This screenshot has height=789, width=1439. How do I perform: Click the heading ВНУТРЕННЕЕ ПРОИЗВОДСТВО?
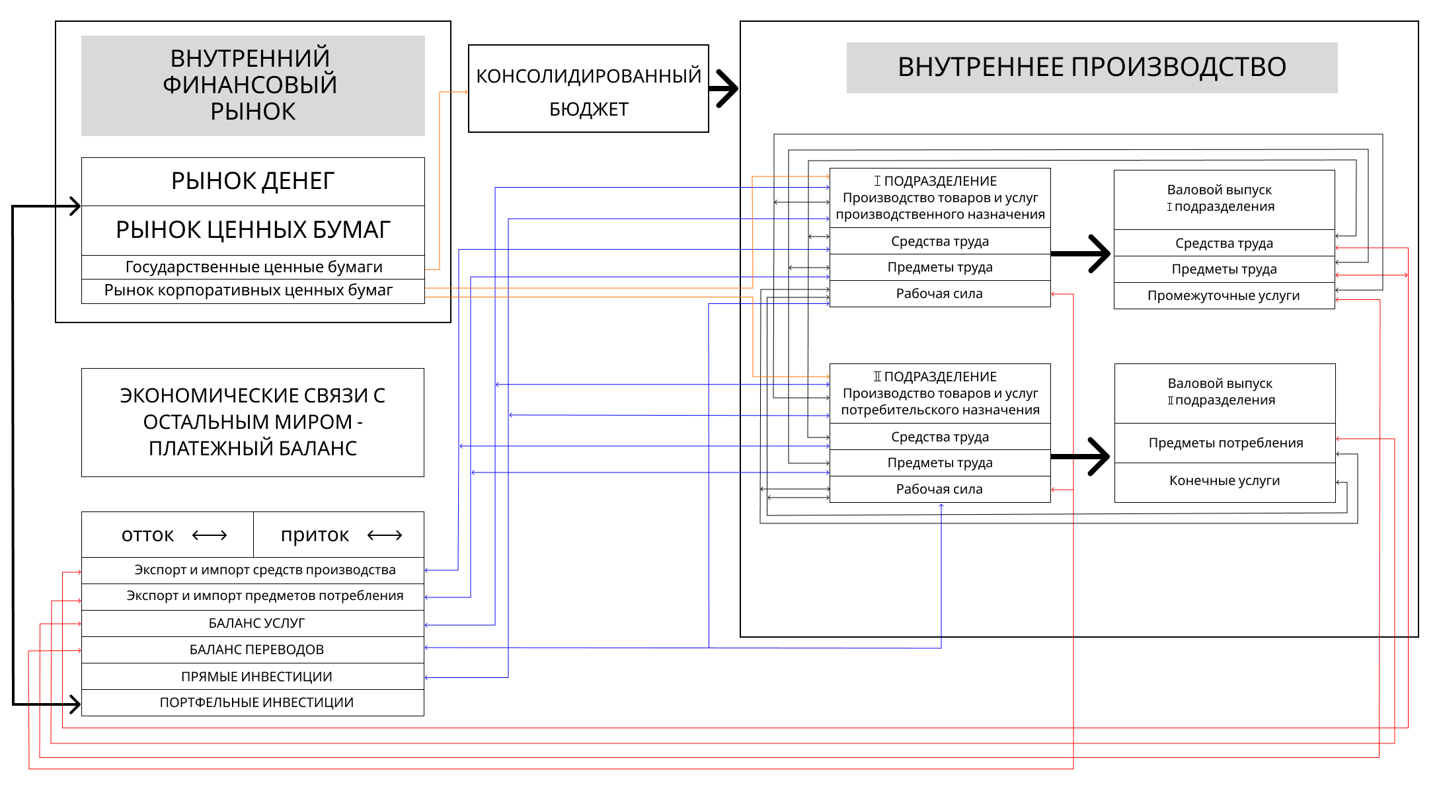pos(1091,67)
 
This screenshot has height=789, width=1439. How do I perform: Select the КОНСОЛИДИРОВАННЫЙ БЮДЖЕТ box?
pos(588,89)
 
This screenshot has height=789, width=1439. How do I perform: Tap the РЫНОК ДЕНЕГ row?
pos(253,181)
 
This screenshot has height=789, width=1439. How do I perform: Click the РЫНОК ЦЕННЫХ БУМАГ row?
pos(253,230)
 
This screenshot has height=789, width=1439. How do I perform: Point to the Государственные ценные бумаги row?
pos(253,267)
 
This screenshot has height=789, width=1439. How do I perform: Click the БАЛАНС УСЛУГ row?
pos(256,623)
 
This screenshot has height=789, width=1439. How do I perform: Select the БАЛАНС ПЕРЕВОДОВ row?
pos(256,650)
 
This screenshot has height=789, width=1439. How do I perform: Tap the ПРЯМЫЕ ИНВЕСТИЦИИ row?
pos(256,677)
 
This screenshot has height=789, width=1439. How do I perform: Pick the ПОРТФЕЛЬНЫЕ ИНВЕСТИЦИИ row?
pos(256,702)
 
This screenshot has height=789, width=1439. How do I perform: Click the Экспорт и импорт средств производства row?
pos(264,570)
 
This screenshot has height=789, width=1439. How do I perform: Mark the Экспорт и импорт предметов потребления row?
pos(264,596)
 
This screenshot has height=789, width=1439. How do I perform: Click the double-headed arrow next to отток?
pos(210,535)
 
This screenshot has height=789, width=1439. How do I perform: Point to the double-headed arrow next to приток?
pos(385,535)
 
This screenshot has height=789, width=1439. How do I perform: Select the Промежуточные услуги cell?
pos(1224,295)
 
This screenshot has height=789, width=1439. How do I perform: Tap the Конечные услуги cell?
pos(1224,481)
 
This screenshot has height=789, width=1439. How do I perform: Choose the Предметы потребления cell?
pos(1225,443)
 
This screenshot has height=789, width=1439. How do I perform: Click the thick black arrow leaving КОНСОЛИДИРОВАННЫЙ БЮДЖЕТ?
pos(724,89)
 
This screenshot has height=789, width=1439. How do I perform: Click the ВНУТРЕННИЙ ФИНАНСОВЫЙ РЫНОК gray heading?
pos(253,85)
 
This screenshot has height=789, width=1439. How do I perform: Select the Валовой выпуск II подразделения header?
pos(1221,392)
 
